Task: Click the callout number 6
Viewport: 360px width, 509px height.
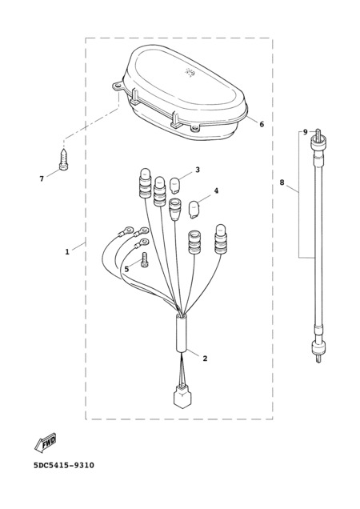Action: (x=262, y=124)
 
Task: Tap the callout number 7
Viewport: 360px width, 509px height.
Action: (x=42, y=178)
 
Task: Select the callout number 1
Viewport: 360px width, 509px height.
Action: (x=67, y=251)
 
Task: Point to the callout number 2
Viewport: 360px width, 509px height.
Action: (x=205, y=359)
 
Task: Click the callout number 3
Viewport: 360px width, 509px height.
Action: (x=198, y=170)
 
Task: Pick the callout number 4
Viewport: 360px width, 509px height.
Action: (x=216, y=190)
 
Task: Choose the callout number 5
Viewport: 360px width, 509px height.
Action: (x=126, y=269)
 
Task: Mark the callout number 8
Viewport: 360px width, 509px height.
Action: (x=282, y=182)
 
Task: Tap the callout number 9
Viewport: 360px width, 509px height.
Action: (x=305, y=132)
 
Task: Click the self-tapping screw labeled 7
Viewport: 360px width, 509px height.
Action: (x=64, y=159)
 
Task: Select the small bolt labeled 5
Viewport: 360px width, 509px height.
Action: (x=145, y=260)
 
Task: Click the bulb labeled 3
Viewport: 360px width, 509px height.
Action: (x=176, y=185)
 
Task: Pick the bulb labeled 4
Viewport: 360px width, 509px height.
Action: (x=194, y=210)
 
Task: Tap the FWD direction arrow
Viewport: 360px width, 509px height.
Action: (x=46, y=442)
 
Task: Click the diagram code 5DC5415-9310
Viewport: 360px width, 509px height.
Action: (x=64, y=465)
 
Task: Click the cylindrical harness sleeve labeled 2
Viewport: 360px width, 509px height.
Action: (x=182, y=333)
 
